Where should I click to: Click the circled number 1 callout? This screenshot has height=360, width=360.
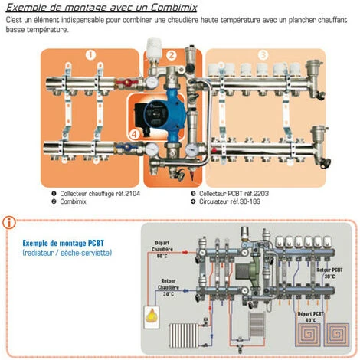[90, 55]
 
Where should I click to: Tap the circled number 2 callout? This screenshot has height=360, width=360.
[172, 55]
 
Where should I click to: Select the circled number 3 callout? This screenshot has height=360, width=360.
[263, 55]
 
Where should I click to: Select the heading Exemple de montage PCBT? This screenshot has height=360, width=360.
[64, 242]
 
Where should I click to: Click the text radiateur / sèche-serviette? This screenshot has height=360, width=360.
[67, 252]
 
